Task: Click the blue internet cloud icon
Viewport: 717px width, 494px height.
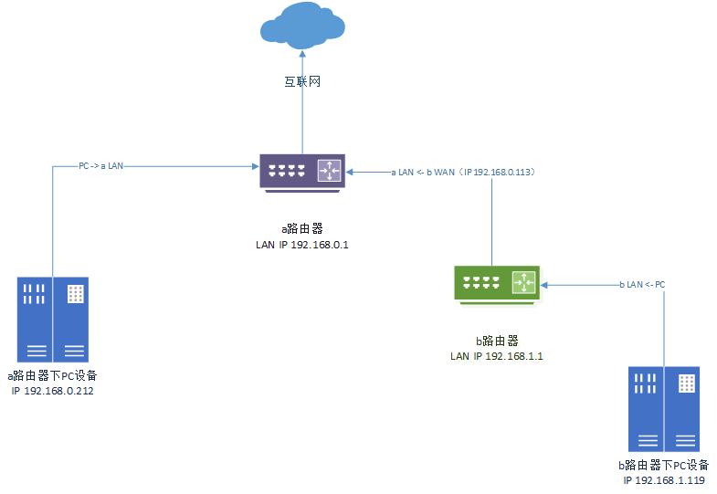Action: pos(302,26)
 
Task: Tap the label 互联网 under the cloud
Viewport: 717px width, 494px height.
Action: pos(302,82)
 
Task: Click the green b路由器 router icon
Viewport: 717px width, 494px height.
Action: pos(498,283)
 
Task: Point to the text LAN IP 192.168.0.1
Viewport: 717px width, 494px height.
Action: pos(302,245)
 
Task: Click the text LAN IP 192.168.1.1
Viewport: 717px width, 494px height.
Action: pos(498,356)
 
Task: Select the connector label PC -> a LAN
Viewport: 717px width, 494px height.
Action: pos(100,166)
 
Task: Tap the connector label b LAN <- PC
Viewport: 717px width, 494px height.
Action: pos(642,285)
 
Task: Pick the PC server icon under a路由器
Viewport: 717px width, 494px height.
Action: pos(54,320)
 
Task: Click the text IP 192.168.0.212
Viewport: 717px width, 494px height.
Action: pos(53,391)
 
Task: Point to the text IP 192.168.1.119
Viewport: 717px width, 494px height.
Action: pos(664,480)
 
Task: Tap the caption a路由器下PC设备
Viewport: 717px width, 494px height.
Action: pos(53,376)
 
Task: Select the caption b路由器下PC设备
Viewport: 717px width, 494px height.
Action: pos(664,466)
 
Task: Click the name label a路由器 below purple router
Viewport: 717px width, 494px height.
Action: pos(302,228)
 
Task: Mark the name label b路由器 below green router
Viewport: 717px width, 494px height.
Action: pos(499,341)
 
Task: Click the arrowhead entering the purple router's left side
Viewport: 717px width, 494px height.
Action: pos(255,166)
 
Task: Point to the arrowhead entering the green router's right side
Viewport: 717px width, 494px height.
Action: pos(545,285)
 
